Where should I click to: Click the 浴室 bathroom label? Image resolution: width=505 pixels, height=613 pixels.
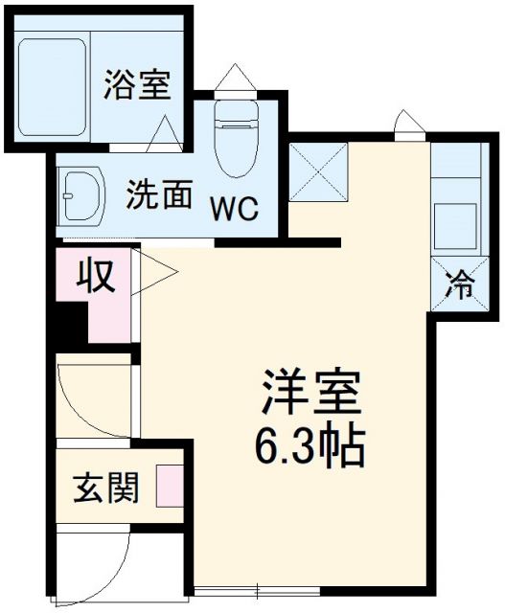138,85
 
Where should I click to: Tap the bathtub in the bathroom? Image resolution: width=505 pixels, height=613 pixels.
54,79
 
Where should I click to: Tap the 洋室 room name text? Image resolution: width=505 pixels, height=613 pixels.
310,391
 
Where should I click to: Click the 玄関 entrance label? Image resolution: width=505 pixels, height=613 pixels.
106,488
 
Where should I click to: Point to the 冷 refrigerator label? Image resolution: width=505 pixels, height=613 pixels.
463,284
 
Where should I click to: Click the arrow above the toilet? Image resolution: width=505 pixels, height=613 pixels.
235,77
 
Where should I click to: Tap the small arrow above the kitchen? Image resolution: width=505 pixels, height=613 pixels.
406,123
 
